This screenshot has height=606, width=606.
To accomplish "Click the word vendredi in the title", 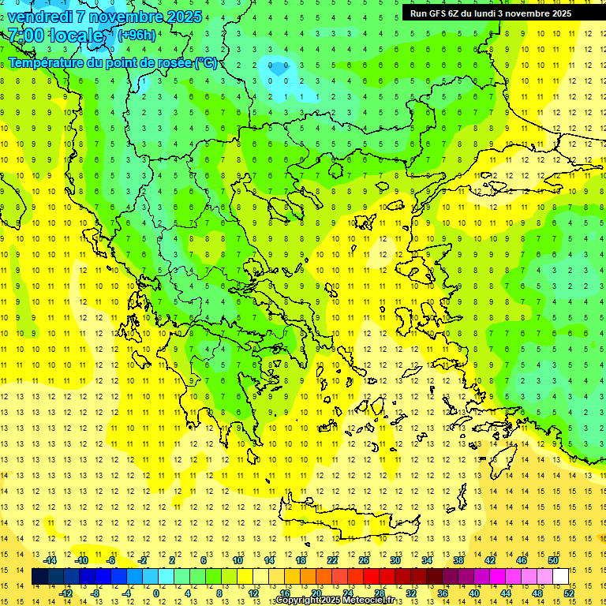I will click(x=40, y=17).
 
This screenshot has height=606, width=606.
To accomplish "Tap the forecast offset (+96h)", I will click(x=137, y=35).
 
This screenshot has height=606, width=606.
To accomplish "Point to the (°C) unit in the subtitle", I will click(x=206, y=62).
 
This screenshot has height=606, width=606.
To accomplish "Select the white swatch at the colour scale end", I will click(x=560, y=577).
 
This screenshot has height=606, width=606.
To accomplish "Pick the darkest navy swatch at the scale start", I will click(x=39, y=577).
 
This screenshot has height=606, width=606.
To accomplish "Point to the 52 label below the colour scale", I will click(x=569, y=593).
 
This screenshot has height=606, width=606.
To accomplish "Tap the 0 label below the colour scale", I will click(x=156, y=593).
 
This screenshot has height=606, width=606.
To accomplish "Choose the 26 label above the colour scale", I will click(x=364, y=560).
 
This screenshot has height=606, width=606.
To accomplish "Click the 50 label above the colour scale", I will click(x=553, y=560).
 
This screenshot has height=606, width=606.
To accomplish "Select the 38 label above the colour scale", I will click(x=458, y=560).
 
